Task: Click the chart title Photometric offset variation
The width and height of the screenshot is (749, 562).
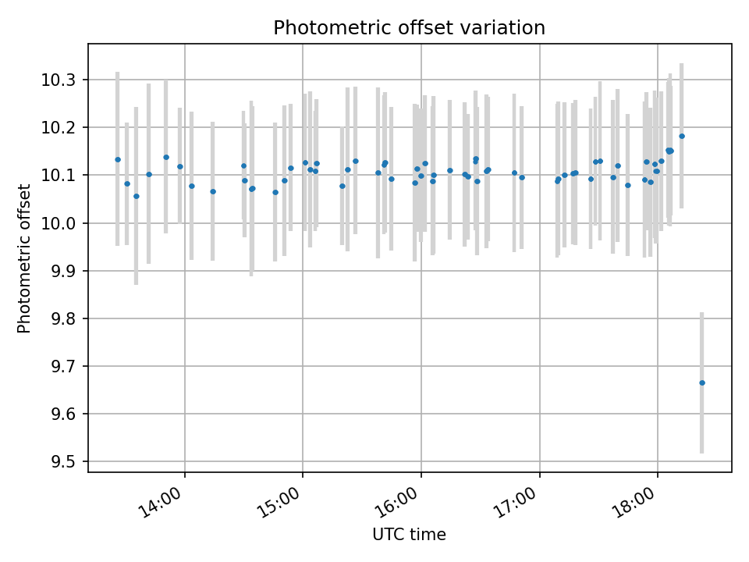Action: coord(409,28)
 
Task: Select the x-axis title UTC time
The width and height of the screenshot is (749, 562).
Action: coord(409,535)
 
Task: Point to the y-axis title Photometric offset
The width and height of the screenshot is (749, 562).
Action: coord(24,258)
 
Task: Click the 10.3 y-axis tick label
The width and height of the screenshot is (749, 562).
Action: coord(62,80)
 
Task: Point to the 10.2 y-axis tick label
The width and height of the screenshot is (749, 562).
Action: coord(62,128)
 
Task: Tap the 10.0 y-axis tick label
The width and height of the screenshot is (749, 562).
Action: coord(62,223)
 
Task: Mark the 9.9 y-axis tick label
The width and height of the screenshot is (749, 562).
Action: coord(62,271)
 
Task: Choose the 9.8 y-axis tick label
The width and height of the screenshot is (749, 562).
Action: coord(62,318)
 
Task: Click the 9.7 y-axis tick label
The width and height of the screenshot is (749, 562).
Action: coord(62,366)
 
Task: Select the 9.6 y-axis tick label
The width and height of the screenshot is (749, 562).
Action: coord(62,414)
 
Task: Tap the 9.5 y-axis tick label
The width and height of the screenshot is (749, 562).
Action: coord(62,461)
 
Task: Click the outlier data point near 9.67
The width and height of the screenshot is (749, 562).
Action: coord(702,382)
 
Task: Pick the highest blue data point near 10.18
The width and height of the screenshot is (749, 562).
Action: coord(682,136)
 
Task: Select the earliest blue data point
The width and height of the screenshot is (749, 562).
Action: coord(118,159)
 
